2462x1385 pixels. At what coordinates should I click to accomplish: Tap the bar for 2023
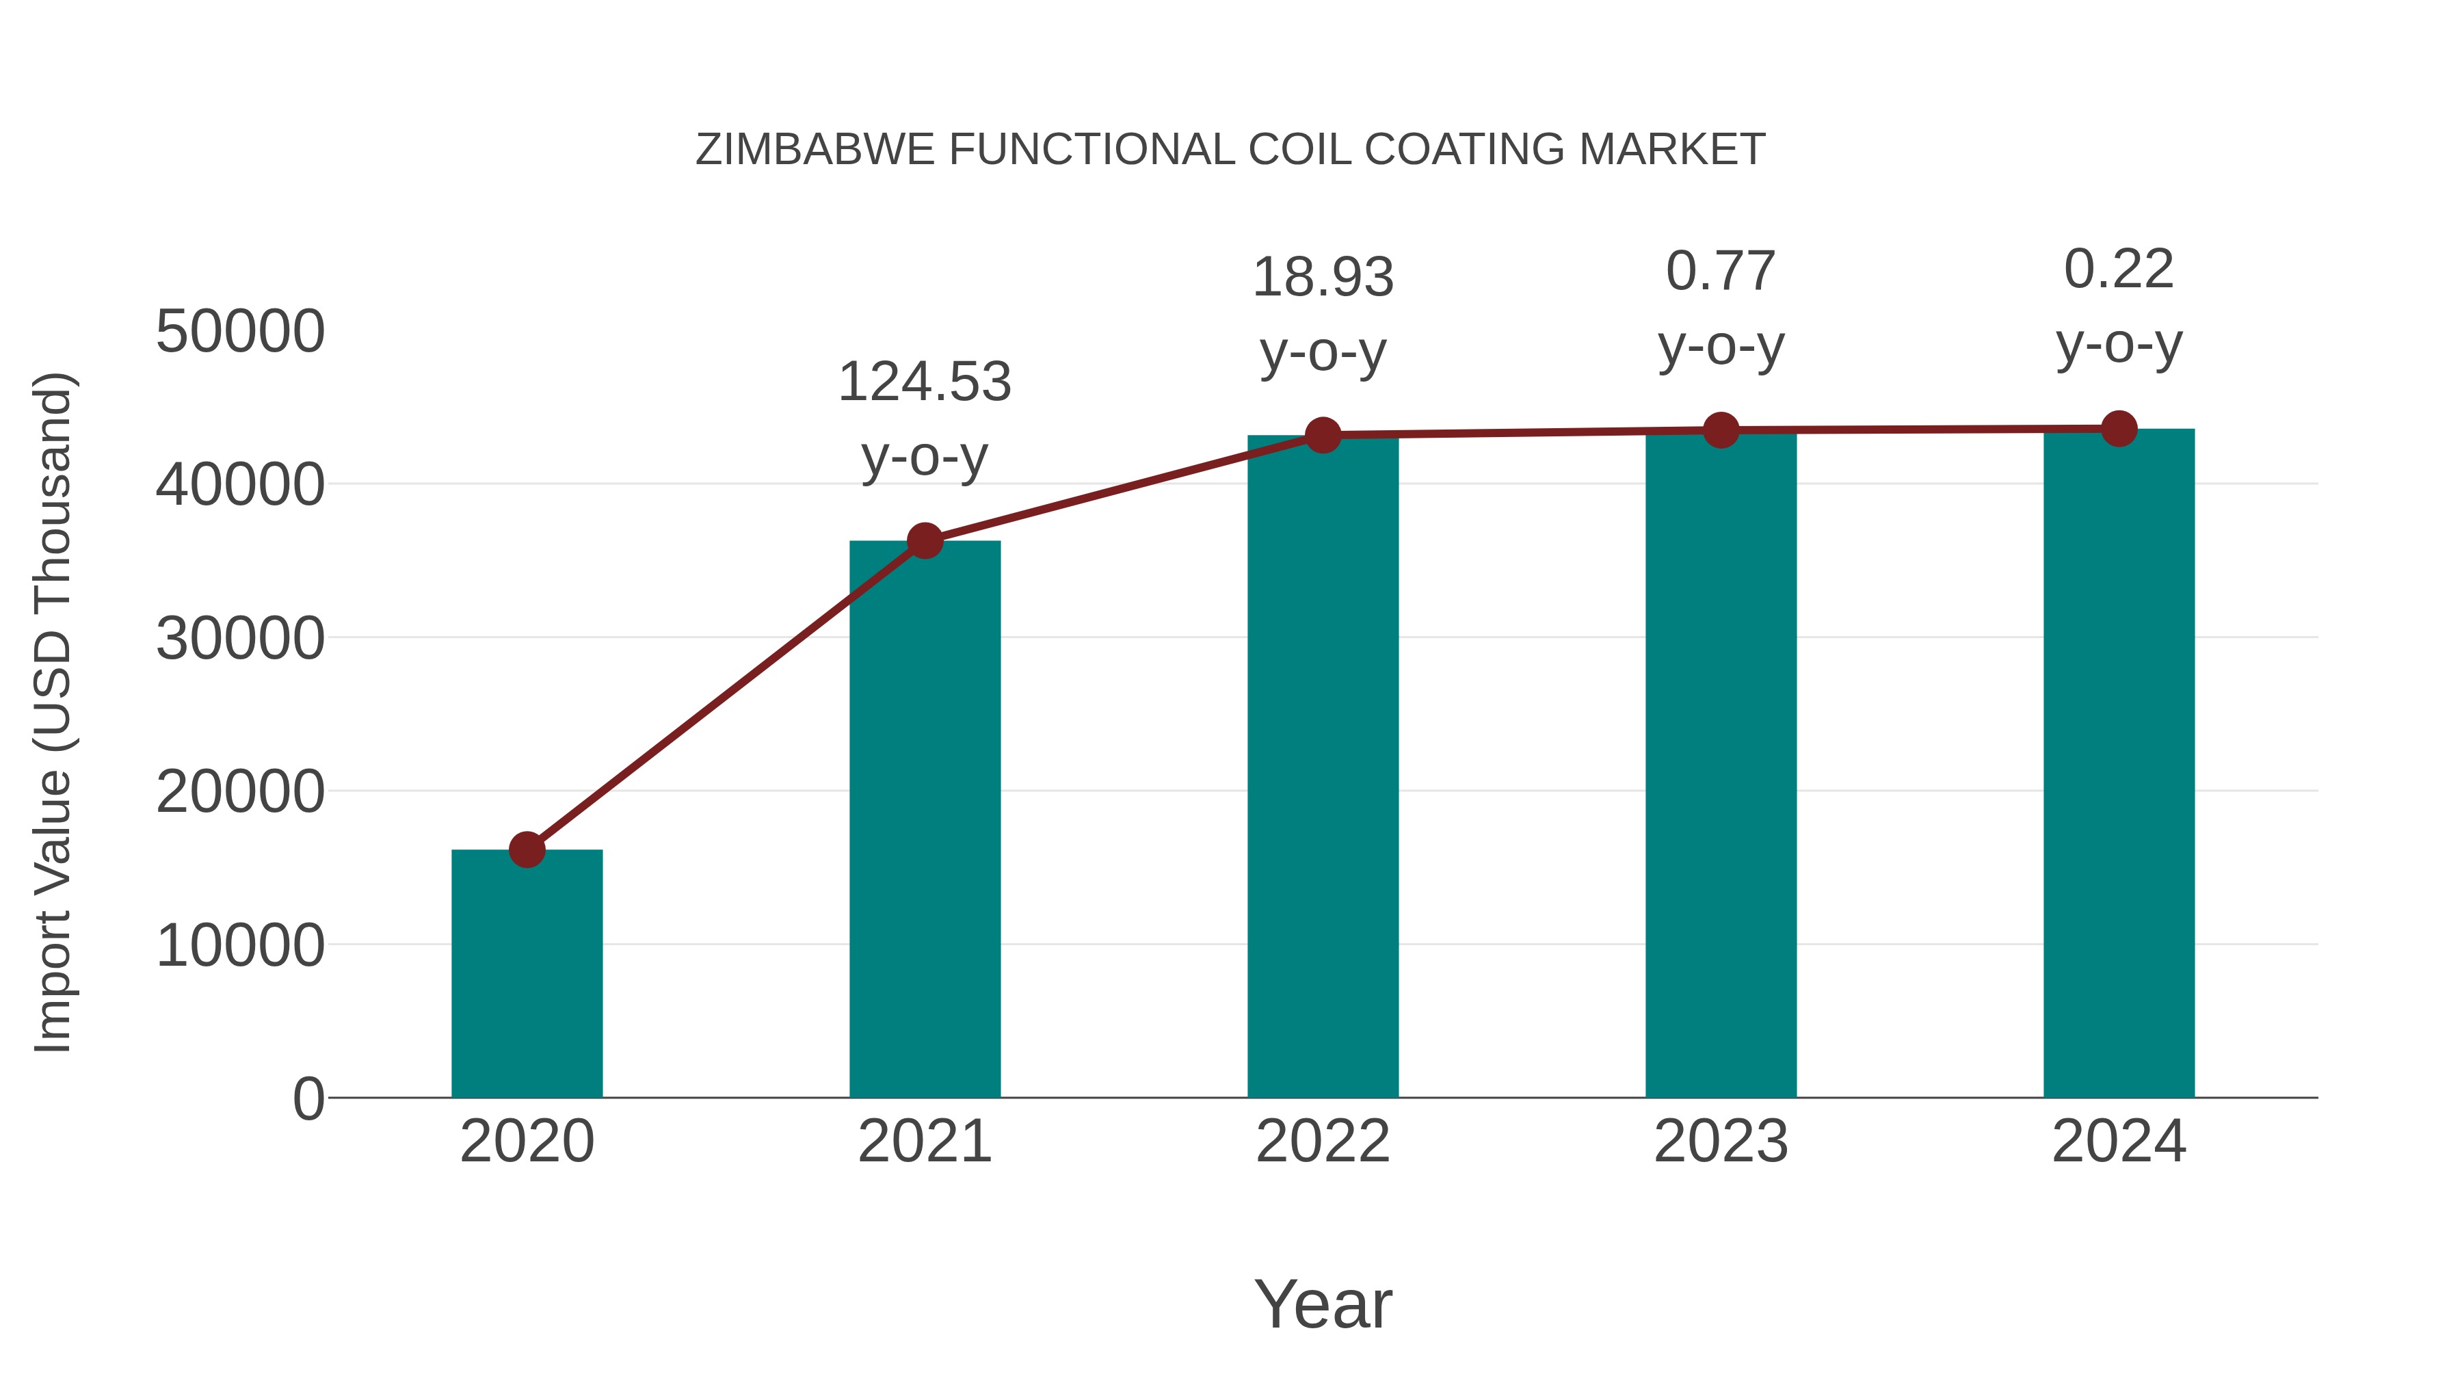[1721, 765]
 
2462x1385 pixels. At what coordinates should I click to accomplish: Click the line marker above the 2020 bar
[527, 849]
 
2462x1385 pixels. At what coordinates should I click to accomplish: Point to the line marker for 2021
[924, 541]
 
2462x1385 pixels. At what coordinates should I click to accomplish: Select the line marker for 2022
[1323, 436]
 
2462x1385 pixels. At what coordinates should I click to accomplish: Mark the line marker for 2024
[2119, 428]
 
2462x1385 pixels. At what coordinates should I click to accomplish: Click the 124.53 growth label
[924, 382]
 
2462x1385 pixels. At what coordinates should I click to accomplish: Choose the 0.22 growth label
[2119, 269]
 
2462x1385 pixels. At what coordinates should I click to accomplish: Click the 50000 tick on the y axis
[240, 332]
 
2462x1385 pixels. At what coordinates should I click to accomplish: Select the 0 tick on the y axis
[308, 1098]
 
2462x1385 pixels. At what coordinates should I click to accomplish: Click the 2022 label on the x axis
[1323, 1142]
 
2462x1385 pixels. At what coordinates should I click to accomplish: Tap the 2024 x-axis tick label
[2119, 1142]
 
